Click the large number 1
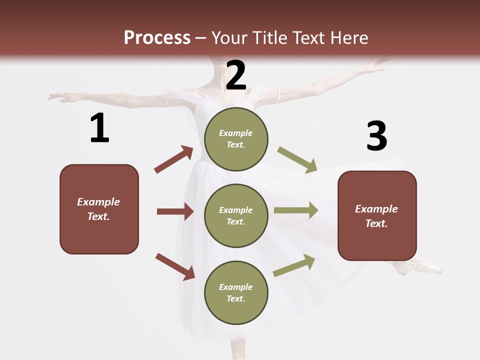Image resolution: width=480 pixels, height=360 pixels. (99, 128)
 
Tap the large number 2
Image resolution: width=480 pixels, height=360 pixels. (236, 75)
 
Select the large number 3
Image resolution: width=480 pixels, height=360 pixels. (376, 136)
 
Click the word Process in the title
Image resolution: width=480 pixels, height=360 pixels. (157, 37)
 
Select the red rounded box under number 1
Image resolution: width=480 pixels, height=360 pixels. (99, 209)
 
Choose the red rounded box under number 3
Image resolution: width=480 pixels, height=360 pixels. (377, 215)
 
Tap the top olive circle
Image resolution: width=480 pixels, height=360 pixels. (236, 139)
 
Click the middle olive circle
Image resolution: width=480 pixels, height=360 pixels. (236, 215)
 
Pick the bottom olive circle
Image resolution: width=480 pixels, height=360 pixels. (236, 292)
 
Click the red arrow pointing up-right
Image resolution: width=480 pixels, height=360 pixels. (174, 159)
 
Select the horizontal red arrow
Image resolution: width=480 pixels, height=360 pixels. (175, 211)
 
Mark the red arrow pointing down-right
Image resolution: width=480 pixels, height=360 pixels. (175, 266)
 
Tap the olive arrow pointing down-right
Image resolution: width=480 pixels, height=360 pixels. (297, 159)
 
